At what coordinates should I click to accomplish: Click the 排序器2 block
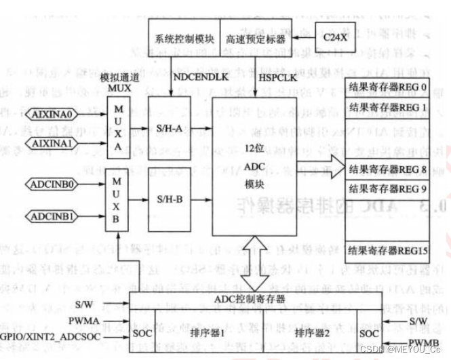coord(311,333)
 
